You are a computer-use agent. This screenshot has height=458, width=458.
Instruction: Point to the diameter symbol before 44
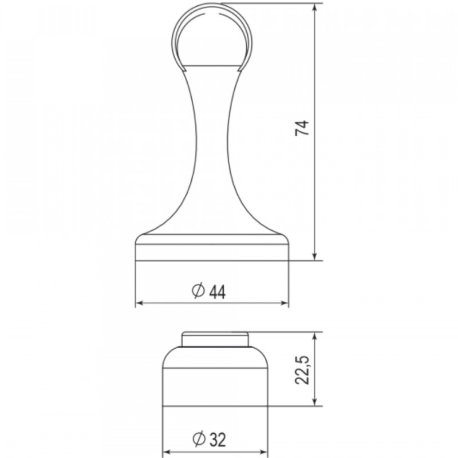coord(197,291)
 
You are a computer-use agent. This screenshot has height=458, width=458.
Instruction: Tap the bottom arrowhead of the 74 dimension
coord(314,255)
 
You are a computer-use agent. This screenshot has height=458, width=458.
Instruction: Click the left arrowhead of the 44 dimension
coord(139,304)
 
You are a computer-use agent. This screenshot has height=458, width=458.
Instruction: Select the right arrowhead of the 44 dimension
coord(285,304)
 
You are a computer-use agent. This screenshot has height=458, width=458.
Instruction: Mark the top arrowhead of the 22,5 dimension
coord(314,336)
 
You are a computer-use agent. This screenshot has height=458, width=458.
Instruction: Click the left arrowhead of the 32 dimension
coord(167,452)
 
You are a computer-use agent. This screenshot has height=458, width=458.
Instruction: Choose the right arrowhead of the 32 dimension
coord(264,452)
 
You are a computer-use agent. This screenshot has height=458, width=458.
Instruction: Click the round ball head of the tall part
coord(212,34)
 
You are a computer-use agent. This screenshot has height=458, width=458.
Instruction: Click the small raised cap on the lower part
coord(215,339)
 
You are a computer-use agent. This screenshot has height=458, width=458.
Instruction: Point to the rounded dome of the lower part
coord(215,358)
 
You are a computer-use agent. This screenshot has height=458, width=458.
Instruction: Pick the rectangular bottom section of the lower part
coord(215,388)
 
